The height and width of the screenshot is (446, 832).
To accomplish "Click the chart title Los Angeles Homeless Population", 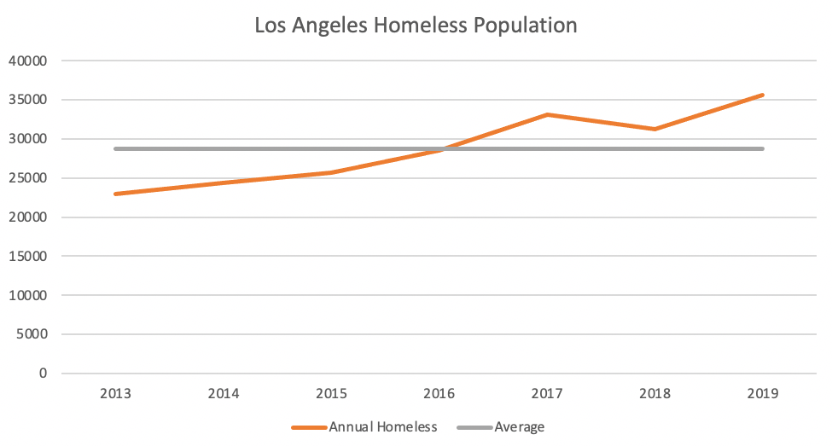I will click(416, 26).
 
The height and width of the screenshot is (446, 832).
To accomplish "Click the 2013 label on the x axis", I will click(115, 393).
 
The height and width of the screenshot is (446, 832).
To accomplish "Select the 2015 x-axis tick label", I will click(331, 393).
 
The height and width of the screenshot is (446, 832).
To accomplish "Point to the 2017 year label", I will click(547, 393).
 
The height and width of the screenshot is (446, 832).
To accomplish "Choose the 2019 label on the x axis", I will click(763, 393).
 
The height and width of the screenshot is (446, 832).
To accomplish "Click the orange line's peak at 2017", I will click(547, 114).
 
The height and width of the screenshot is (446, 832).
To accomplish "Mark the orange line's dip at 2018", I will click(655, 129).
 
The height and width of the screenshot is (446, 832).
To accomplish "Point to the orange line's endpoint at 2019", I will click(763, 95).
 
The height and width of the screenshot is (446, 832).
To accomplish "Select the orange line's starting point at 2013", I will click(115, 194).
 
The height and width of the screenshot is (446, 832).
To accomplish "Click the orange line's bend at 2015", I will click(331, 172).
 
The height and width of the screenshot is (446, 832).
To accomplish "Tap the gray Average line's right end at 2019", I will click(763, 148).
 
